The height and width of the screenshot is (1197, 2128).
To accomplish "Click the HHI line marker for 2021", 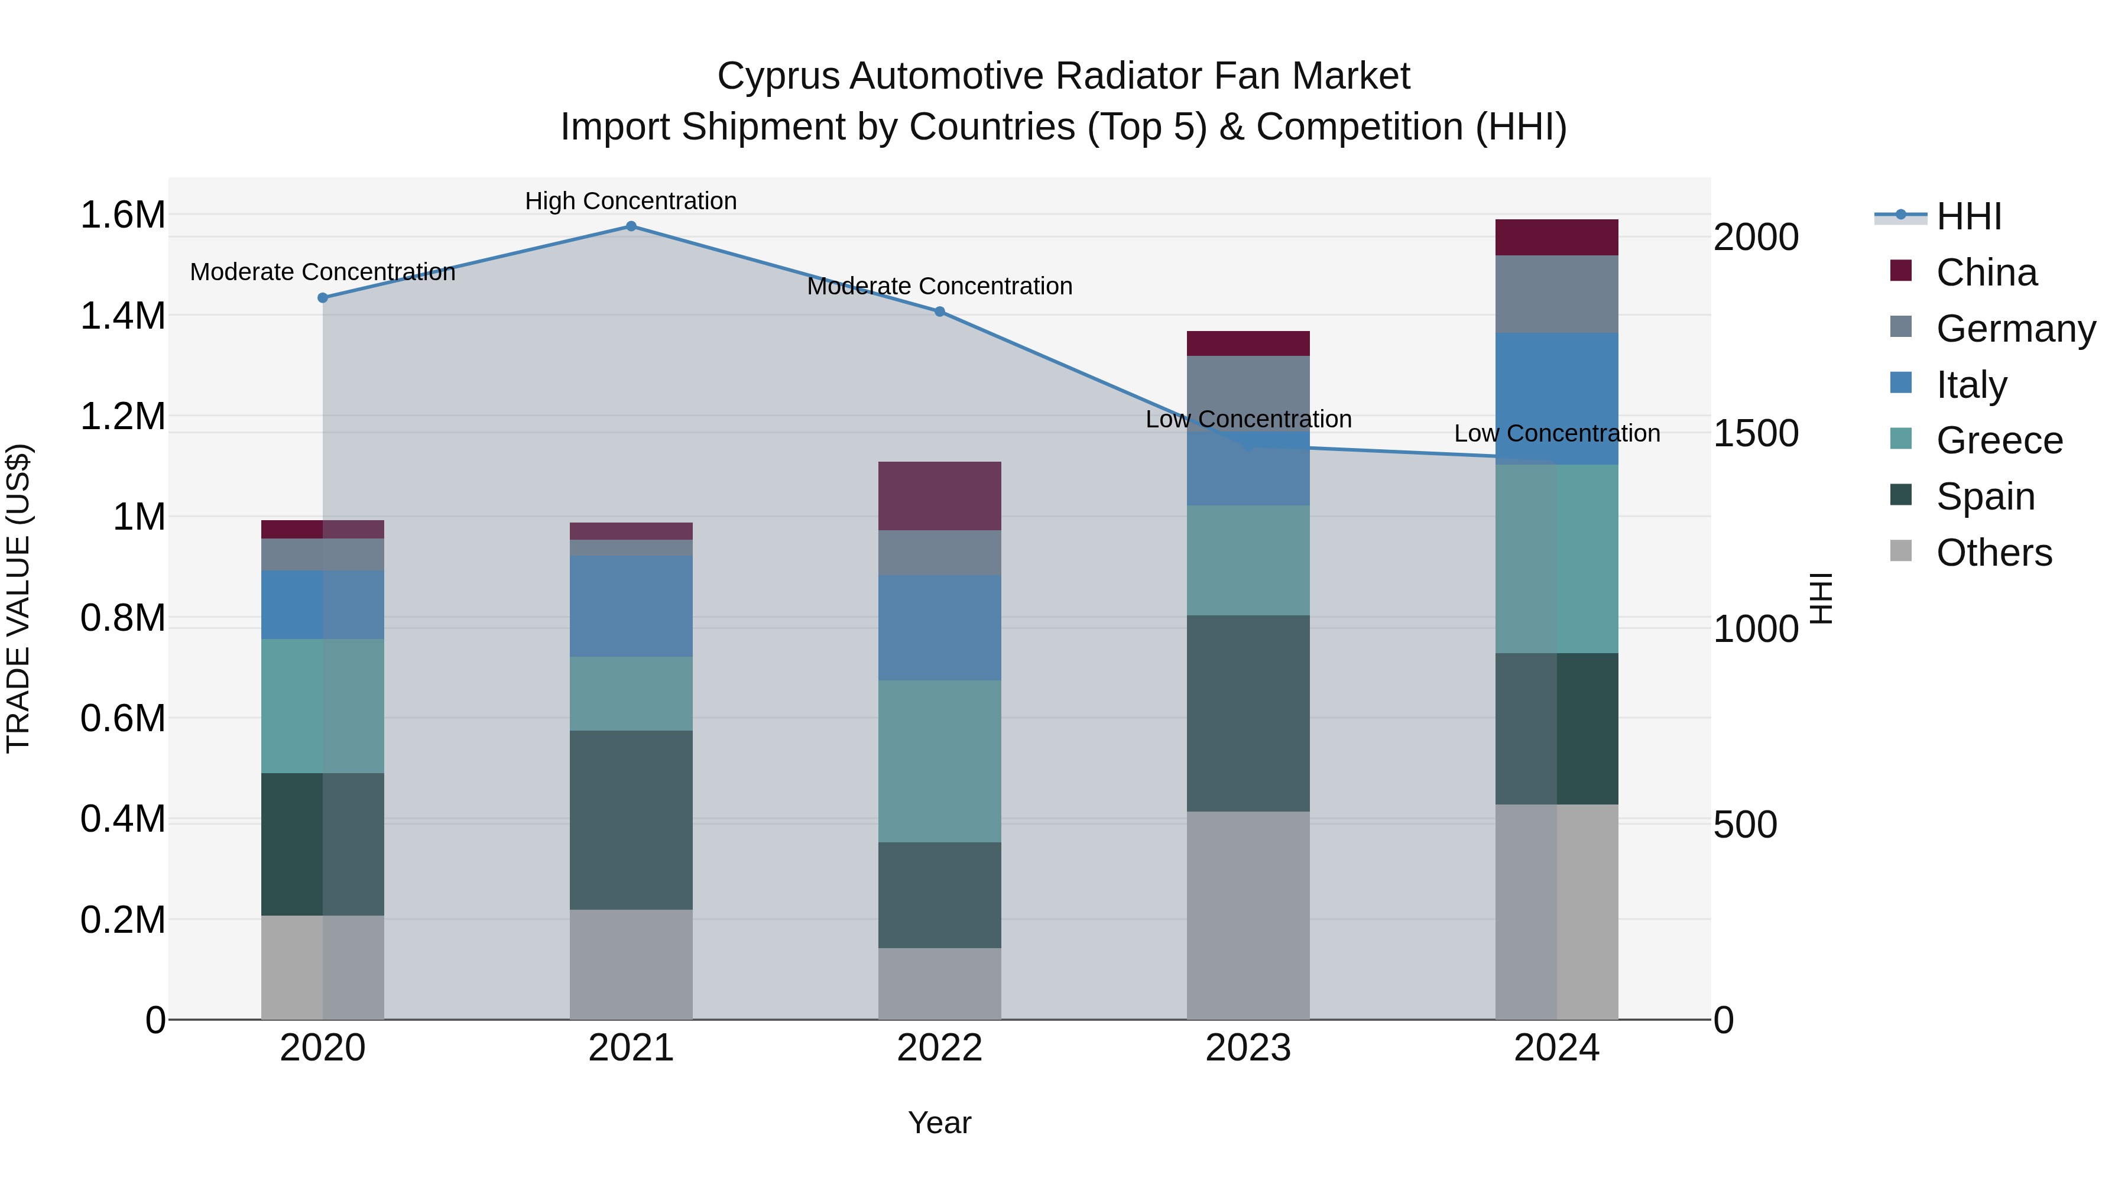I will (631, 226).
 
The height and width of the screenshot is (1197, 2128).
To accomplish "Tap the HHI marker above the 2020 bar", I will (323, 299).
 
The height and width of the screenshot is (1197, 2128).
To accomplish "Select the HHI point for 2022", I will (939, 312).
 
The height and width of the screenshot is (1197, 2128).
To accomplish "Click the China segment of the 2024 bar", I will (1556, 238).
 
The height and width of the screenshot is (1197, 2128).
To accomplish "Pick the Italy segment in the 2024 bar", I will (1556, 399).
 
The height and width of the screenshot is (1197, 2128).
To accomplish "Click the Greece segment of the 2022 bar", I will (939, 762).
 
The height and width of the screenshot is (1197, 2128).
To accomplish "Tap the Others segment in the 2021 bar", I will (631, 965).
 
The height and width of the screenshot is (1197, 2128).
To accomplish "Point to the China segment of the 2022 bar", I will (939, 496).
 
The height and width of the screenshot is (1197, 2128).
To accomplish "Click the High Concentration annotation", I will (631, 202).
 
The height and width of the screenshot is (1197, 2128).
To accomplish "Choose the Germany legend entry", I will (2015, 329).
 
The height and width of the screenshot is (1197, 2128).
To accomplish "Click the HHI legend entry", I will (1968, 216).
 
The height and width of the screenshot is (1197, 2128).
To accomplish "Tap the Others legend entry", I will (1993, 553).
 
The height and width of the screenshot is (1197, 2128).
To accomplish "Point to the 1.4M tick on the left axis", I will (122, 316).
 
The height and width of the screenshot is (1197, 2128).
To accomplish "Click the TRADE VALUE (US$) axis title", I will (18, 598).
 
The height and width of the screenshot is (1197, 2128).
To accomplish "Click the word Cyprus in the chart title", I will (777, 77).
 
